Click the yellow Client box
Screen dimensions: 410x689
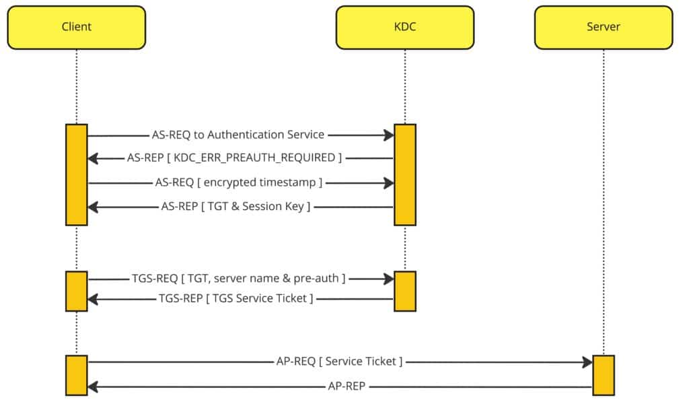76,28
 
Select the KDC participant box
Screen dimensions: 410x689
404,28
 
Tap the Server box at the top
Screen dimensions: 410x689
603,28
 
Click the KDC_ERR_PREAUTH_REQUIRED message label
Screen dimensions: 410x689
234,159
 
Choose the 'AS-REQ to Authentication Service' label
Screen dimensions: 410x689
238,135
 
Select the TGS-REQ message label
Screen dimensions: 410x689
239,279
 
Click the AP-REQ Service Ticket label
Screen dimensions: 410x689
339,362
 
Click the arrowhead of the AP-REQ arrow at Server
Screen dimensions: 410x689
587,362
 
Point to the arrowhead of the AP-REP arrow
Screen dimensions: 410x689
93,386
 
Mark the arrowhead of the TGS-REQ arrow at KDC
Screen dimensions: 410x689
389,279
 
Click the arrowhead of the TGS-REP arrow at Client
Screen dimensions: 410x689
93,298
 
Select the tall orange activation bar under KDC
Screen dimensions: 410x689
404,174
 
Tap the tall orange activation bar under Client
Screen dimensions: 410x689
76,174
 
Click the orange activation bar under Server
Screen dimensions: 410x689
603,375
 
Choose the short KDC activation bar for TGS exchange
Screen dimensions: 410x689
404,291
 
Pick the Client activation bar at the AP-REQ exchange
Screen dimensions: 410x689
76,375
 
